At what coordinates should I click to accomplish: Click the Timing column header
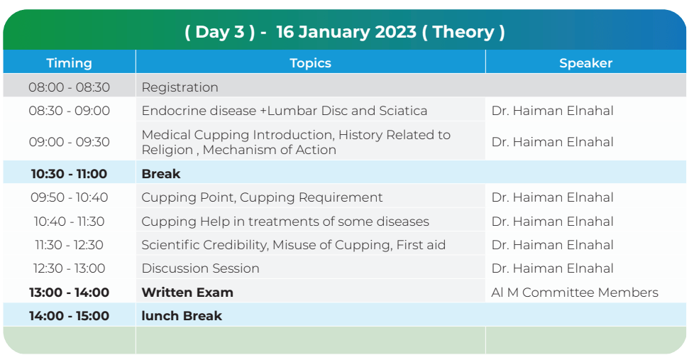[x=69, y=63]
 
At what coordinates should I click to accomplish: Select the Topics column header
[x=310, y=63]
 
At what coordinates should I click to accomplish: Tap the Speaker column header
[x=585, y=63]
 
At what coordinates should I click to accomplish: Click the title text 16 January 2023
[x=346, y=32]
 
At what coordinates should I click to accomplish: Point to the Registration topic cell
[x=180, y=87]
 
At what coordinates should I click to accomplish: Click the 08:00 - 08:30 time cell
[x=69, y=87]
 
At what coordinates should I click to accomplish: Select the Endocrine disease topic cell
[x=284, y=110]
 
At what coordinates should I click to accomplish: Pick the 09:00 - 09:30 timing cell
[x=69, y=142]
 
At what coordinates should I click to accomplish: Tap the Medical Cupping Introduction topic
[x=296, y=142]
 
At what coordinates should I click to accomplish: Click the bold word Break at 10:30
[x=160, y=173]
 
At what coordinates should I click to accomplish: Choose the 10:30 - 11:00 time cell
[x=69, y=173]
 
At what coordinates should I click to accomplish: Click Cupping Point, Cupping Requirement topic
[x=262, y=197]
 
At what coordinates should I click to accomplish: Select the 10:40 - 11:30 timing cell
[x=69, y=221]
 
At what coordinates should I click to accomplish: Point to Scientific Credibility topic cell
[x=294, y=245]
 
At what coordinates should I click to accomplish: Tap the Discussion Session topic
[x=200, y=268]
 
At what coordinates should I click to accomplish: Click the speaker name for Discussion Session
[x=552, y=268]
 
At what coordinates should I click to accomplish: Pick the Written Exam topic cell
[x=187, y=293]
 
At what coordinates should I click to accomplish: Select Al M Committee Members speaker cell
[x=575, y=293]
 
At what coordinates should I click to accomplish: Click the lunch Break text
[x=182, y=316]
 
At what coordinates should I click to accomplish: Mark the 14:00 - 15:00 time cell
[x=69, y=316]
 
